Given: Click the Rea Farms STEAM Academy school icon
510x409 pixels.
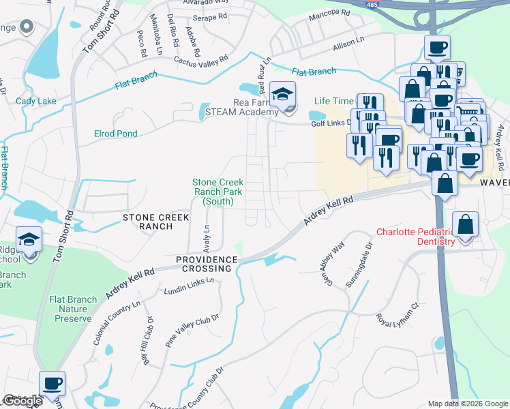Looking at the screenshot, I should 281,93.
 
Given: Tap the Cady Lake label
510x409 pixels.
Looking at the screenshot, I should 35,102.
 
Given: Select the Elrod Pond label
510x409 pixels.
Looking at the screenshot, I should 116,134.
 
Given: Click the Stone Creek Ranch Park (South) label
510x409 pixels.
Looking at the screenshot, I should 217,192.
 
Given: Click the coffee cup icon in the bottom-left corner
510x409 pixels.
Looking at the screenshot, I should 52,383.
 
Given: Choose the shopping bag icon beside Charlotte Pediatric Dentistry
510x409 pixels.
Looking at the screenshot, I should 465,224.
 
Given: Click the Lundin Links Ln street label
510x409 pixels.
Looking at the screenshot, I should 188,286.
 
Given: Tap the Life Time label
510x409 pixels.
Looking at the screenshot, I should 334,101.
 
